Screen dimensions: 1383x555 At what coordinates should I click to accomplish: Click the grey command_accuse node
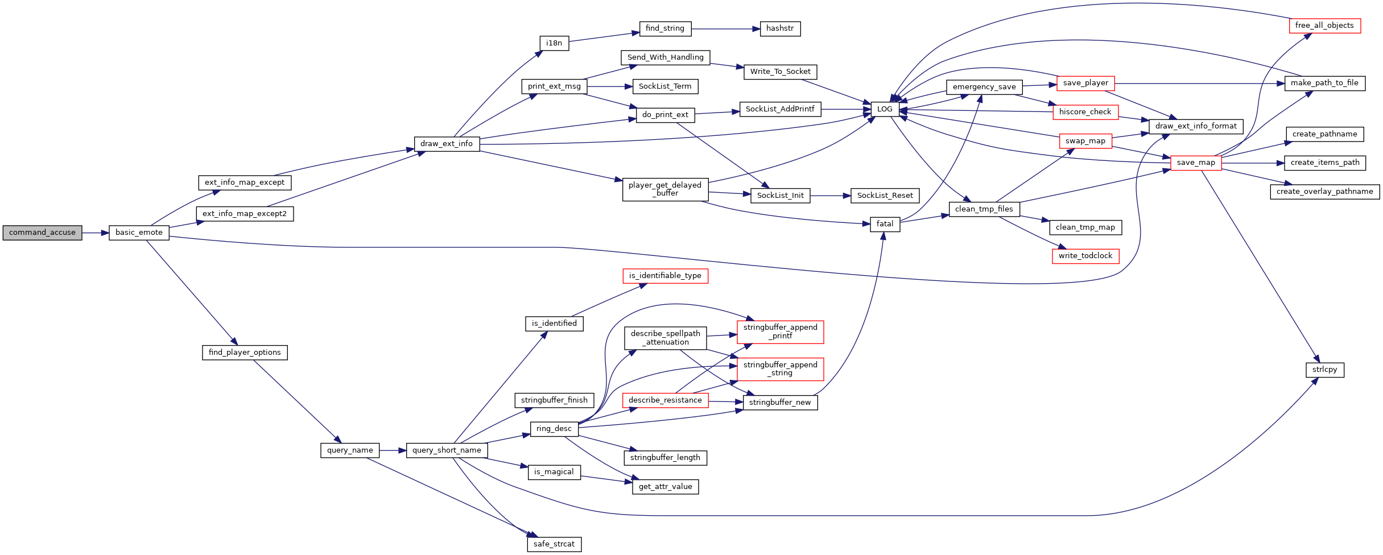click(42, 233)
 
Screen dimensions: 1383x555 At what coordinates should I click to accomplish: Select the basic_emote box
click(139, 233)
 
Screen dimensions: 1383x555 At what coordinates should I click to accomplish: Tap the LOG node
click(885, 109)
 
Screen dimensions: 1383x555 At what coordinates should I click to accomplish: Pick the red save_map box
click(1196, 163)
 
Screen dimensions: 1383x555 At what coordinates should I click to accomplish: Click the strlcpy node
click(1324, 370)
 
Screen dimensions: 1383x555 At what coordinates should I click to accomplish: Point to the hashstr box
click(780, 28)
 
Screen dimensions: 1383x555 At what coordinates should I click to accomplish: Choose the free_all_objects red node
click(1324, 26)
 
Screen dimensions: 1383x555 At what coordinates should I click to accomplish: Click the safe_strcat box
click(554, 544)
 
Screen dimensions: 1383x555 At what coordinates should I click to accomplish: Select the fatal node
click(885, 224)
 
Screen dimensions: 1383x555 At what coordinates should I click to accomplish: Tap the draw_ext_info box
click(447, 144)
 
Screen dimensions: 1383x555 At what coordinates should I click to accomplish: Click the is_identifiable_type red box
click(665, 276)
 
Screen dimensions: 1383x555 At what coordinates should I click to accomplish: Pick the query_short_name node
click(447, 450)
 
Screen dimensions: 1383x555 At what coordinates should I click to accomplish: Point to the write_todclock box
click(1085, 256)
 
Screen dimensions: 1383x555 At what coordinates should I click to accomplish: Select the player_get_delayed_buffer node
click(665, 189)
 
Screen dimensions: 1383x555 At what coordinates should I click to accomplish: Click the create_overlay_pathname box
click(1324, 192)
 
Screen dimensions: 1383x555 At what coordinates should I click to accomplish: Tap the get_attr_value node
click(665, 487)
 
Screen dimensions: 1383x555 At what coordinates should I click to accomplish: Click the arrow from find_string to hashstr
click(726, 28)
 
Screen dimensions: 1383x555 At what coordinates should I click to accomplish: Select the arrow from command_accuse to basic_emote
click(96, 233)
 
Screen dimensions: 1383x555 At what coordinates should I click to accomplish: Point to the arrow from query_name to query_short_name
click(393, 450)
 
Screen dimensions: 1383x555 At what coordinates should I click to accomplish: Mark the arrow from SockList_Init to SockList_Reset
click(831, 196)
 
